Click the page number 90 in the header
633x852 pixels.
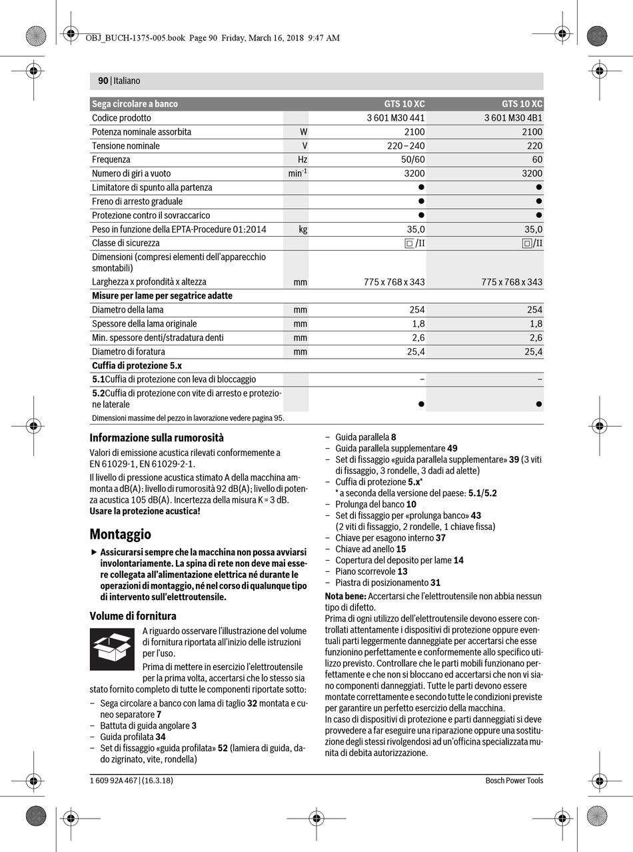[103, 81]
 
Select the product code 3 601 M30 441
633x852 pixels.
[396, 118]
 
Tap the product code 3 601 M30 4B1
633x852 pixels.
[513, 118]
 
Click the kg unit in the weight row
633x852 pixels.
[303, 229]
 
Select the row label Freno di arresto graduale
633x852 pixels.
[137, 201]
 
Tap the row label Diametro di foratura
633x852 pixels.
[129, 351]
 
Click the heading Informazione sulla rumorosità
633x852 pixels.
[157, 438]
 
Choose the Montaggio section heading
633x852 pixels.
[121, 534]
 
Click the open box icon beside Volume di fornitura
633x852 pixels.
[112, 648]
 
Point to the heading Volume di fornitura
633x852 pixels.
[133, 615]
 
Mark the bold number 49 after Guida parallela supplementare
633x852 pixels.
[452, 449]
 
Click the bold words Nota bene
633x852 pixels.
[345, 595]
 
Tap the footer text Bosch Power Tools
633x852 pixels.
[514, 781]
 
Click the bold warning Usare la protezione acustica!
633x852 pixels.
[145, 511]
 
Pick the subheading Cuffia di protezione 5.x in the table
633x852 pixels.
[137, 365]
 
